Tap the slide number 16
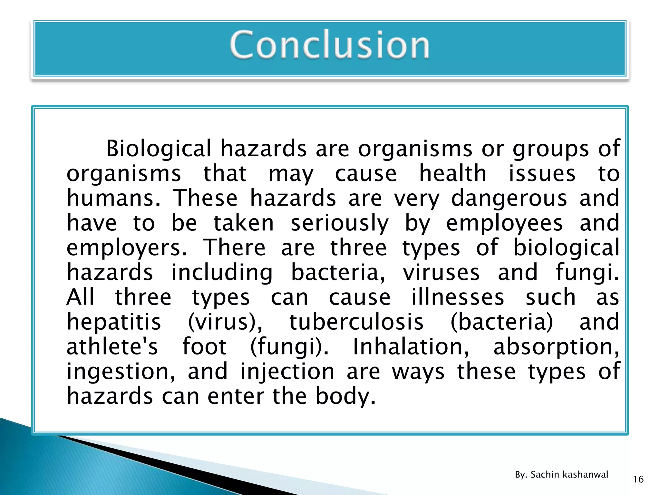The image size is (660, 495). pyautogui.click(x=638, y=480)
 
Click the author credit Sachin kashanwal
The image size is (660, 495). pyautogui.click(x=569, y=474)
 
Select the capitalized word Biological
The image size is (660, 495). pyautogui.click(x=159, y=149)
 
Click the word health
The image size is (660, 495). pyautogui.click(x=452, y=174)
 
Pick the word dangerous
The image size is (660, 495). pyautogui.click(x=509, y=199)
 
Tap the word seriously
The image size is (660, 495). pyautogui.click(x=340, y=224)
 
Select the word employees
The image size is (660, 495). pyautogui.click(x=504, y=224)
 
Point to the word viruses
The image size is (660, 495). pyautogui.click(x=441, y=273)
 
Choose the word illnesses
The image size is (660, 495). pyautogui.click(x=458, y=297)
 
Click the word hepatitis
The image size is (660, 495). pyautogui.click(x=114, y=322)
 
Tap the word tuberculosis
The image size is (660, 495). pyautogui.click(x=356, y=322)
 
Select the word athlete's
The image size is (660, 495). pyautogui.click(x=112, y=347)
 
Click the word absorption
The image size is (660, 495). pyautogui.click(x=556, y=347)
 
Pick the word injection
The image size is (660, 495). pyautogui.click(x=287, y=372)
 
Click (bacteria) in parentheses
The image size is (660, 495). pyautogui.click(x=502, y=322)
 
